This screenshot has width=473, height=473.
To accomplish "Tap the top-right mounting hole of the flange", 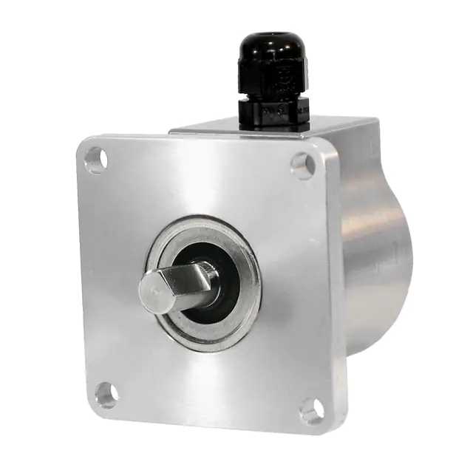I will [302, 165].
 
